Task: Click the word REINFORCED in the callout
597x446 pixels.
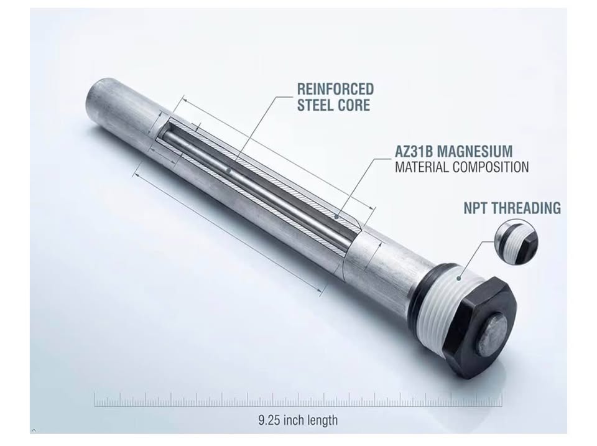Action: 335,89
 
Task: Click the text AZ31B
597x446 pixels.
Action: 414,151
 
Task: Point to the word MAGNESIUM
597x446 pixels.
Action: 474,151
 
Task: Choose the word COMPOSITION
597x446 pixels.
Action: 491,167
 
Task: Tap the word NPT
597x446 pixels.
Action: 476,208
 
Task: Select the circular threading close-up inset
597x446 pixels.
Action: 516,242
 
